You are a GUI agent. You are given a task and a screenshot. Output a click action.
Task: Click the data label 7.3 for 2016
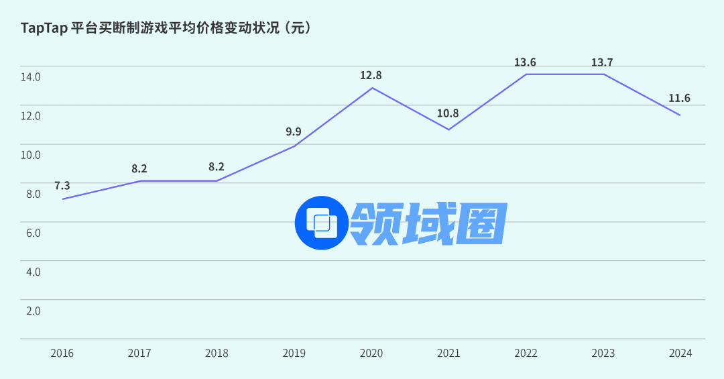click(x=62, y=186)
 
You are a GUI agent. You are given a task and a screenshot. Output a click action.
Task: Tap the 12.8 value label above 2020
click(x=371, y=75)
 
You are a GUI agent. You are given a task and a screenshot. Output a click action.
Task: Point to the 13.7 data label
click(x=602, y=62)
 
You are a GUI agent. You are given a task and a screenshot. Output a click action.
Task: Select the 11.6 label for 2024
click(x=679, y=99)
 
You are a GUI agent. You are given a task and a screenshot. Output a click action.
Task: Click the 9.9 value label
click(x=294, y=131)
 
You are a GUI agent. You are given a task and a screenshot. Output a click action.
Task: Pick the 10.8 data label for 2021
click(x=448, y=113)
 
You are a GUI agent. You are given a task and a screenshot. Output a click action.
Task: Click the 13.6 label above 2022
click(x=525, y=62)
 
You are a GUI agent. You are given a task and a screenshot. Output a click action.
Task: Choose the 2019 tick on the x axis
click(x=294, y=354)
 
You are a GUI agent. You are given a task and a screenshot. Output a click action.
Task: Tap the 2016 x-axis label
click(x=62, y=354)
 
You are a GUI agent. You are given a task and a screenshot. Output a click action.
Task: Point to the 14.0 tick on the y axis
click(x=31, y=77)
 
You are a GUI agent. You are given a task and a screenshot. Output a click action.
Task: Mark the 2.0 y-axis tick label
click(x=33, y=311)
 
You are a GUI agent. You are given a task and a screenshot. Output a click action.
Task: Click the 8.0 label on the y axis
click(x=33, y=194)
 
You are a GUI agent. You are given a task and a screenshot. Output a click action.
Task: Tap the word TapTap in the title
click(x=44, y=28)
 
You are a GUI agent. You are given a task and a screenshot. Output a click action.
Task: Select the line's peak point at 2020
click(x=371, y=88)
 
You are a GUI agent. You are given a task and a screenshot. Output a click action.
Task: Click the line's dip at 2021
click(x=448, y=129)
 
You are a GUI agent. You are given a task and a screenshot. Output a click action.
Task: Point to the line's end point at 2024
click(x=680, y=115)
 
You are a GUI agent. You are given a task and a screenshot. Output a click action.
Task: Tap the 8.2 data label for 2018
click(x=217, y=168)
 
